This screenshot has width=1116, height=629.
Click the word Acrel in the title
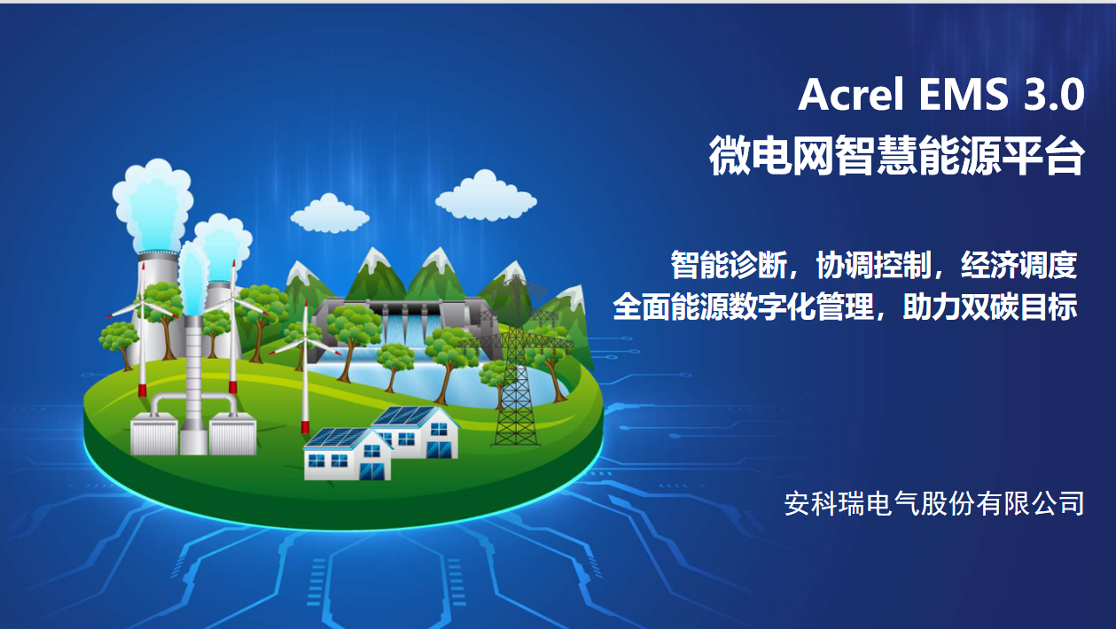click(851, 94)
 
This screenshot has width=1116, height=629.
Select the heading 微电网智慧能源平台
click(897, 155)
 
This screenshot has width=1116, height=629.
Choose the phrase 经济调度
click(1018, 265)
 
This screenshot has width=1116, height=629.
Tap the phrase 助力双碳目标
click(990, 307)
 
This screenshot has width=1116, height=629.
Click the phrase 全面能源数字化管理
click(743, 307)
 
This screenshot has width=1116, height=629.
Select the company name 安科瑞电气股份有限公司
click(934, 503)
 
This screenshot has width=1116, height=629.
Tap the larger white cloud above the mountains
click(486, 196)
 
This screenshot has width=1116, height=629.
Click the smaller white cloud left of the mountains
click(330, 214)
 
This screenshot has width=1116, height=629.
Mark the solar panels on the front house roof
click(335, 438)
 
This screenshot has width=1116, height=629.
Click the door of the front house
click(371, 470)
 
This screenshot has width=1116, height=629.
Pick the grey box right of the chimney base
click(232, 434)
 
